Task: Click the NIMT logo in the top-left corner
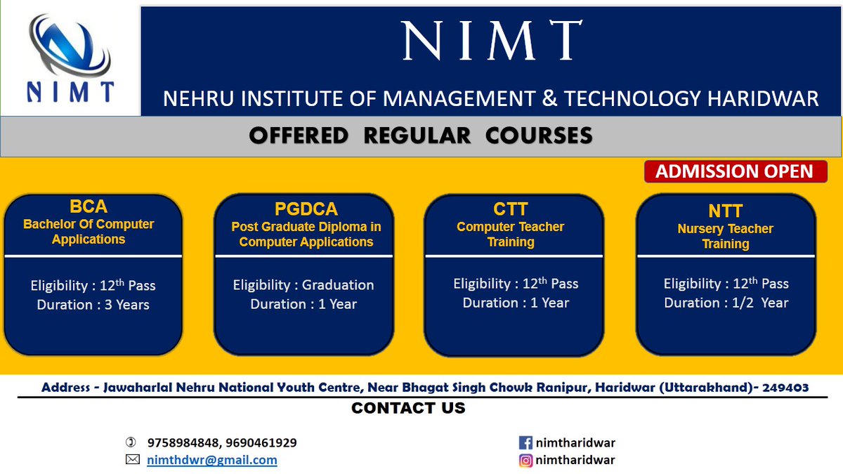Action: pos(70,59)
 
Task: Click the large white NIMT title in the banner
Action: pos(491,41)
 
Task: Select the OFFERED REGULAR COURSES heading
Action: pos(421,136)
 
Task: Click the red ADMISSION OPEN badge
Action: pos(734,171)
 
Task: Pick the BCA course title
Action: pos(89,206)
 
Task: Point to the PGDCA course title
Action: pos(306,209)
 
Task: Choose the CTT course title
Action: pos(510,209)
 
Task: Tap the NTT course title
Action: pos(725,211)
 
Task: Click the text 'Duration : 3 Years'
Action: pos(93,305)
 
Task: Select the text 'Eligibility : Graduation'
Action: pos(303,285)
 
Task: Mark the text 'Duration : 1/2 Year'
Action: pos(726,303)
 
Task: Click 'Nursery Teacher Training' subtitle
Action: pos(725,237)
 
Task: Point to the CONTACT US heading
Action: pos(408,408)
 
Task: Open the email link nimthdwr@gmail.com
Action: pos(211,461)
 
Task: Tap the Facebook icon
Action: pos(525,443)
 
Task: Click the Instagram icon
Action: pos(525,461)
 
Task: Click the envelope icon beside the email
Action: pos(132,460)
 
